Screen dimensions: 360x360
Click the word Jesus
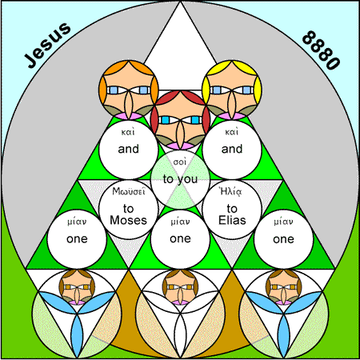[x=47, y=45]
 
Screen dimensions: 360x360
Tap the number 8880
[x=322, y=50]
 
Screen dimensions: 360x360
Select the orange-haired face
[x=129, y=90]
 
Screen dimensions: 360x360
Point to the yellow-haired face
[x=232, y=90]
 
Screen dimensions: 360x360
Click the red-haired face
[x=180, y=120]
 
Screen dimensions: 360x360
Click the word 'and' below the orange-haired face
[x=129, y=149]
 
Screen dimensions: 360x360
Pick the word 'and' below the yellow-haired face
[x=232, y=149]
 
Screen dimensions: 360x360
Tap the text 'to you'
[x=180, y=179]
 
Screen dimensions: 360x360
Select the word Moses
[x=129, y=220]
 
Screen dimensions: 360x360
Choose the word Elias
[x=232, y=220]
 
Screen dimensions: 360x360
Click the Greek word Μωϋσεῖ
[x=129, y=191]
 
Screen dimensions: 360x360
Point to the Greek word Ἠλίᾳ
[x=231, y=191]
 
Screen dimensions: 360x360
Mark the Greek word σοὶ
[x=180, y=162]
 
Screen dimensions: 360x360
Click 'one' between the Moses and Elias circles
[x=180, y=238]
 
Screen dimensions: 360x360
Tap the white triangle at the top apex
[x=180, y=50]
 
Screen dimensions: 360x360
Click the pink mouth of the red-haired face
[x=180, y=146]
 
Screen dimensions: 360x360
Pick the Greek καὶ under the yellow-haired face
[x=231, y=132]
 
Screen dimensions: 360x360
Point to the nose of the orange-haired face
[x=129, y=104]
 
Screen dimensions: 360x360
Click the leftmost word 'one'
[x=77, y=239]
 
